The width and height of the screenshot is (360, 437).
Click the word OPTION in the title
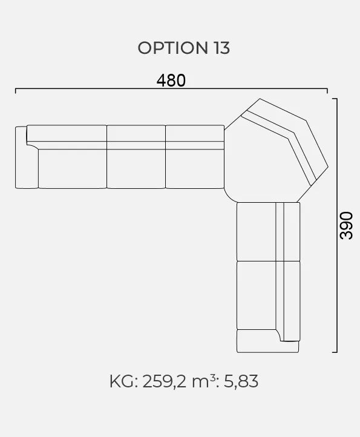pyautogui.click(x=172, y=48)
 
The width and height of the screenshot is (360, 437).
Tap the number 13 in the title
pyautogui.click(x=222, y=48)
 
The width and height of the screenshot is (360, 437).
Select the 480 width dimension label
pyautogui.click(x=171, y=80)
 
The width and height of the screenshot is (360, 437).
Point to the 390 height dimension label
pyautogui.click(x=346, y=226)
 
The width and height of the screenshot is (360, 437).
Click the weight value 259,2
pyautogui.click(x=164, y=381)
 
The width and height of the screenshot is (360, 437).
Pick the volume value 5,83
pyautogui.click(x=241, y=381)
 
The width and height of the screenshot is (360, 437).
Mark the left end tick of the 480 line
pyautogui.click(x=16, y=91)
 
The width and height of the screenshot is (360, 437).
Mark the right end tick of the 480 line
pyautogui.click(x=327, y=91)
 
